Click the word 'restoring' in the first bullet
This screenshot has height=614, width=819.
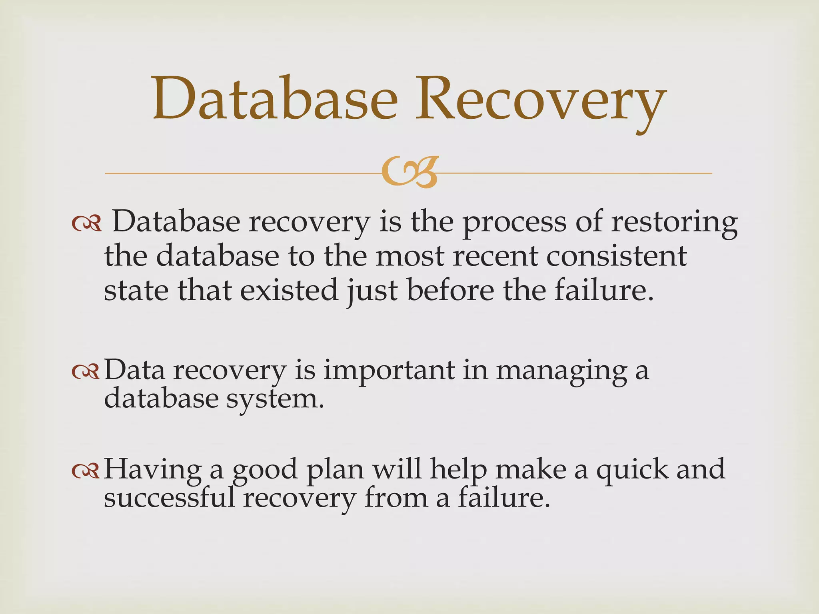coord(674,222)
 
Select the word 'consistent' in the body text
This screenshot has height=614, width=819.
coord(616,256)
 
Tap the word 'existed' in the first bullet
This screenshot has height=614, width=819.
coord(289,290)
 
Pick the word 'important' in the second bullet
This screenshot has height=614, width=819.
coord(388,371)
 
